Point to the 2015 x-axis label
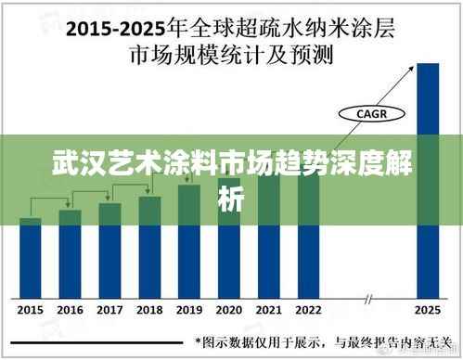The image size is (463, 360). [31, 309]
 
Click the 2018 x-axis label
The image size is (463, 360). [149, 309]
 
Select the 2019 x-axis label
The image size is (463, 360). [189, 309]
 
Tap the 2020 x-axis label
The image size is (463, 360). [229, 309]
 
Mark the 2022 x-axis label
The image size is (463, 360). [309, 309]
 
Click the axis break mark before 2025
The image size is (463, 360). [369, 299]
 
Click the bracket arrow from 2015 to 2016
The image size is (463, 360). [51, 200]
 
